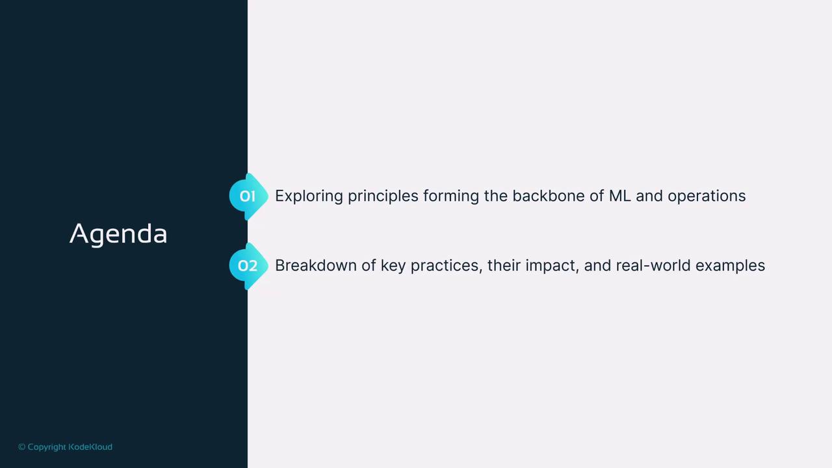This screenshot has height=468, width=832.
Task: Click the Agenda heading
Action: tap(118, 235)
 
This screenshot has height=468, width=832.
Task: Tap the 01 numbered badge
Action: tap(248, 196)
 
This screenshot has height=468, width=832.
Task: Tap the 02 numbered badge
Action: tap(248, 266)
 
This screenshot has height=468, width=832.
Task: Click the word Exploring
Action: tap(309, 196)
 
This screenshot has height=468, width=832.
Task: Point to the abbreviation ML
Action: tap(620, 196)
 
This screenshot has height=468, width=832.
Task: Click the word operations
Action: tap(707, 196)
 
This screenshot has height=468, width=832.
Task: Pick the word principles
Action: tap(383, 196)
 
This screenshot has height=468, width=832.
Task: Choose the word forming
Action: tap(451, 196)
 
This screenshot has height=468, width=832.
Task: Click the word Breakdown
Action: tap(316, 266)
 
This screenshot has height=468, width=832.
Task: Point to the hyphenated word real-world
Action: tap(653, 266)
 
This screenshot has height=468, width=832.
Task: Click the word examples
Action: tap(730, 266)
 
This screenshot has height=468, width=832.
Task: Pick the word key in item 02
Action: tap(393, 266)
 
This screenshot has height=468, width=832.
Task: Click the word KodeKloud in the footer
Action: tap(90, 447)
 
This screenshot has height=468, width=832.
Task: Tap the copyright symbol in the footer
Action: tap(22, 447)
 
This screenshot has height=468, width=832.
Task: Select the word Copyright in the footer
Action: tap(47, 447)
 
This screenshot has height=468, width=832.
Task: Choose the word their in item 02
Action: tap(504, 266)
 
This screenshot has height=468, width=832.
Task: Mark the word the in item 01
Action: tap(496, 196)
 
